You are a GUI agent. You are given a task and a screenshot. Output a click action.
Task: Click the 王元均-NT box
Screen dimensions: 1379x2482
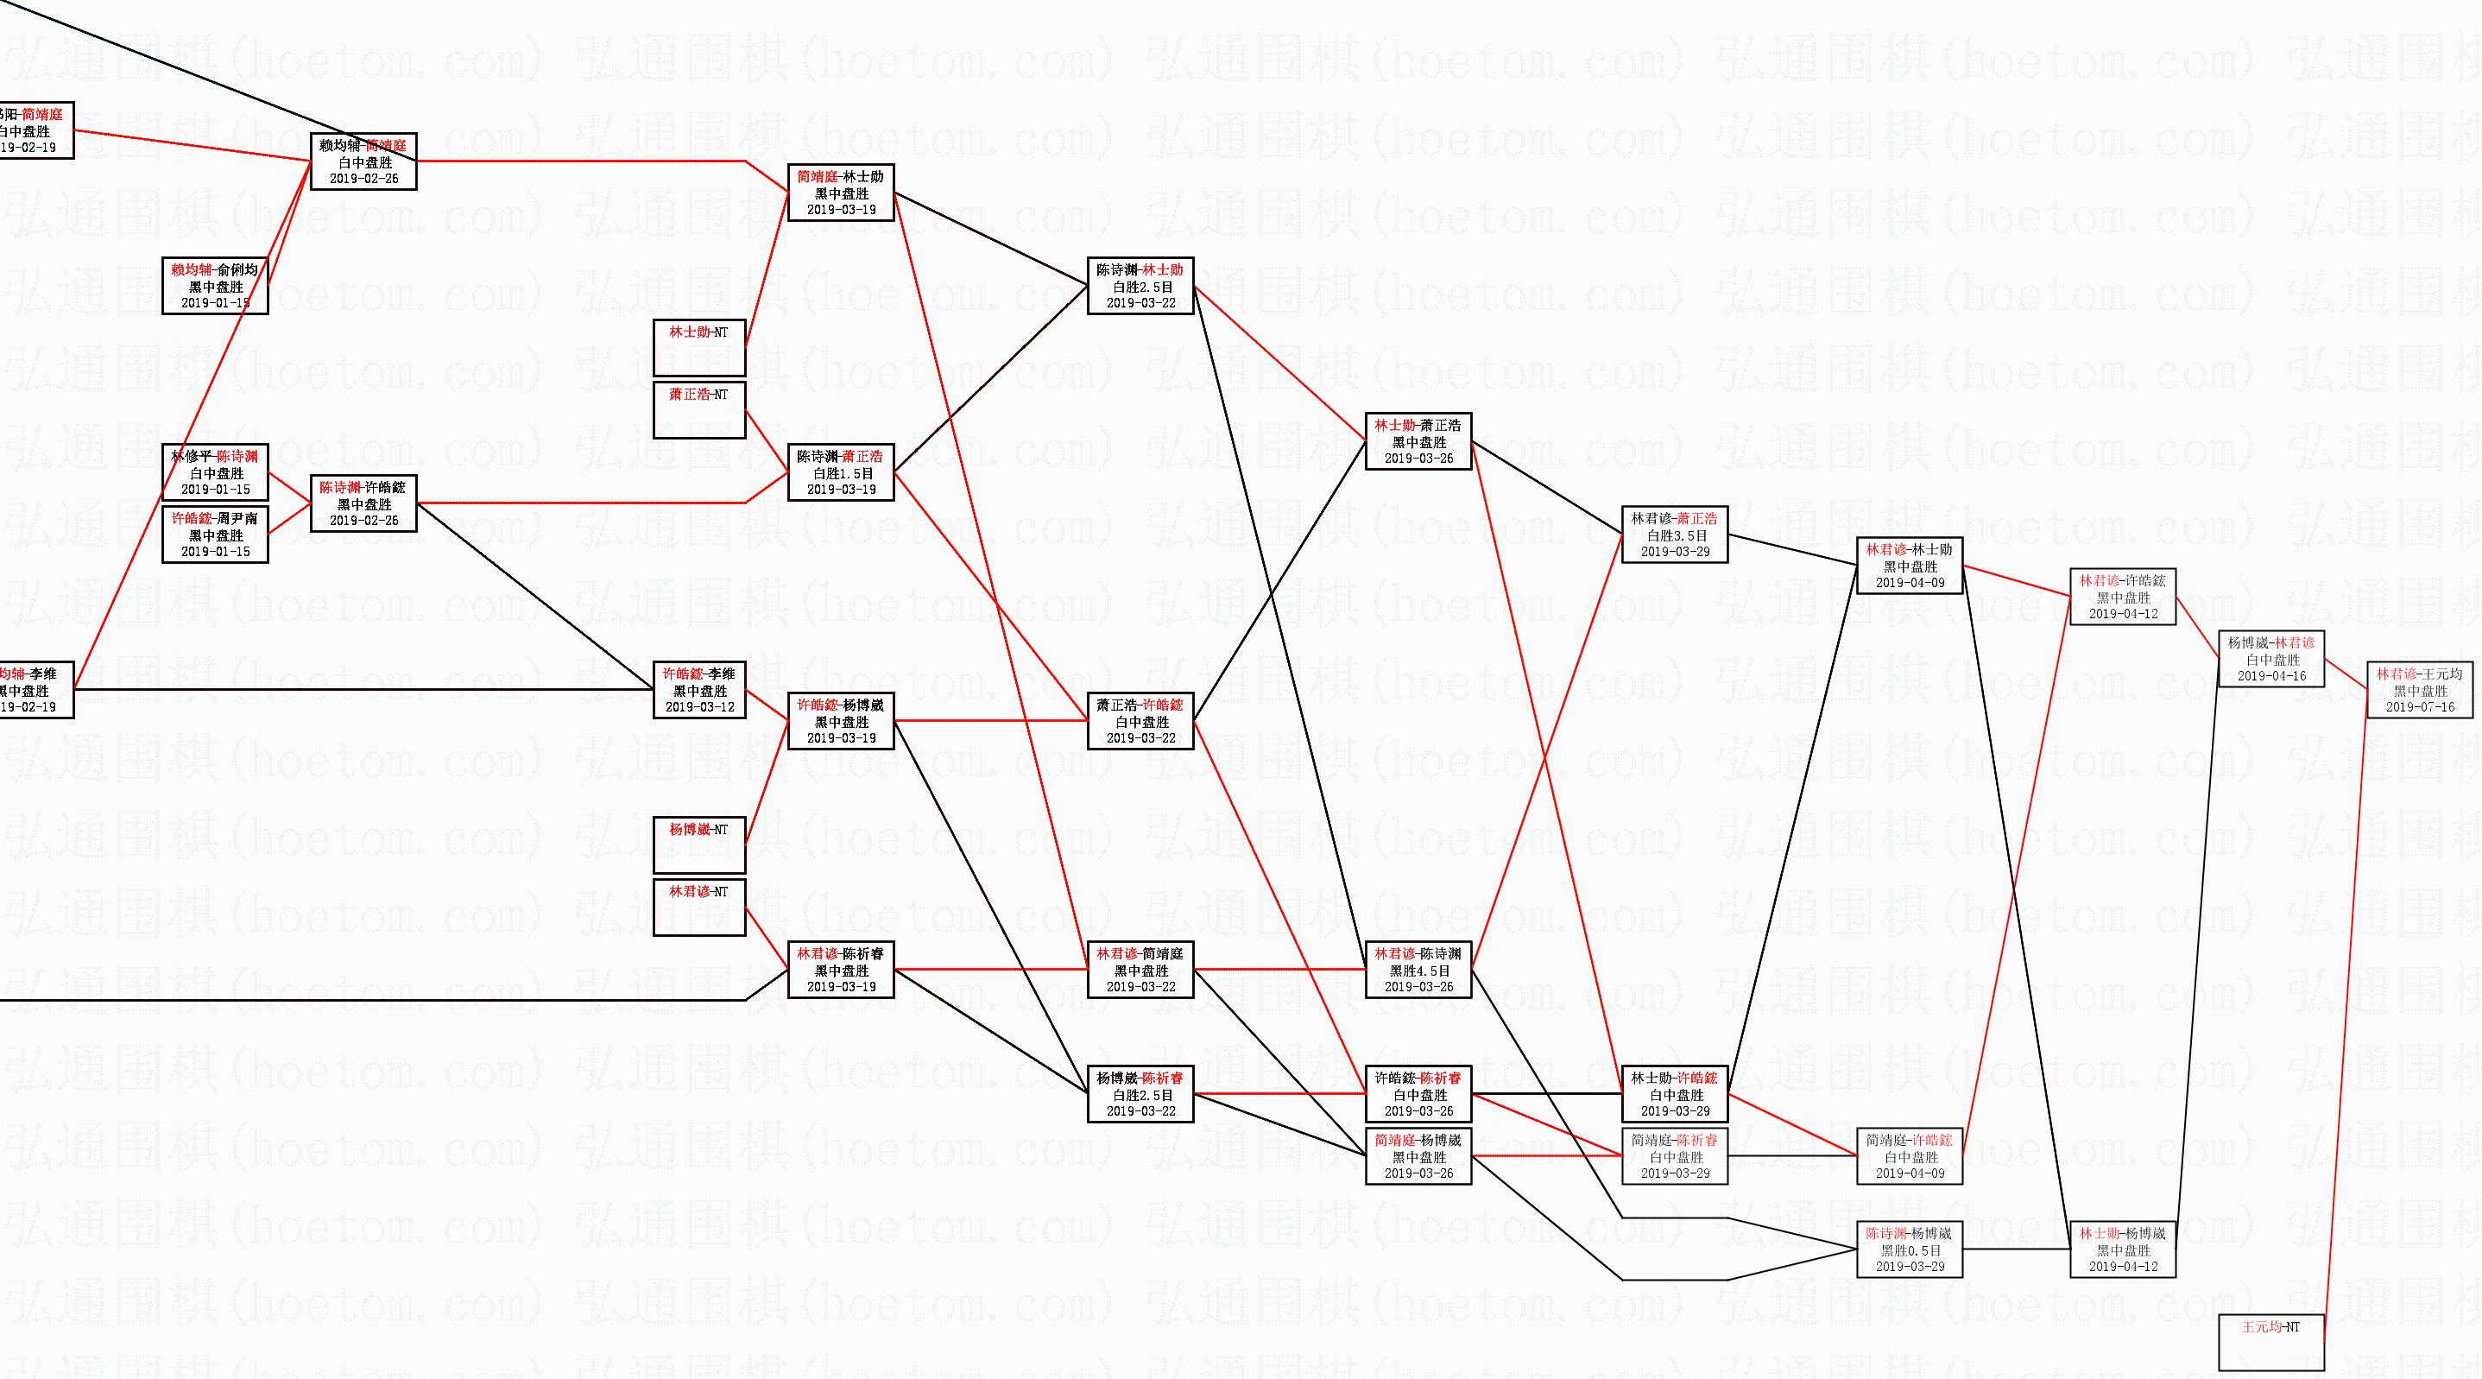point(2271,1341)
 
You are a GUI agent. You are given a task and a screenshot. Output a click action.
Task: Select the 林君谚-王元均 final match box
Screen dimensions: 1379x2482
point(2419,690)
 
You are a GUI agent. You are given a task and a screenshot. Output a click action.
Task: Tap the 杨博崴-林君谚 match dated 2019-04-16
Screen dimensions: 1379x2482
point(2271,659)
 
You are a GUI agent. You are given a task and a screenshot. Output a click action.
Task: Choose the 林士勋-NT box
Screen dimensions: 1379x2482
point(698,347)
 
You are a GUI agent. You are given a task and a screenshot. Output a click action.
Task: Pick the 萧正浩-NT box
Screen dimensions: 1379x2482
point(698,409)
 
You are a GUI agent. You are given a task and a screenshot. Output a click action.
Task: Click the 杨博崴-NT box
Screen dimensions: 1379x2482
point(698,844)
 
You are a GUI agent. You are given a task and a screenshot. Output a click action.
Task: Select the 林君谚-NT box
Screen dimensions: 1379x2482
point(698,907)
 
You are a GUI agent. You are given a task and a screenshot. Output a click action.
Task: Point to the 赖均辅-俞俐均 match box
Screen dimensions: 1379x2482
point(215,286)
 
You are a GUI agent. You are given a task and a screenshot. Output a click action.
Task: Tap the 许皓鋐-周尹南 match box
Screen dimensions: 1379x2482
point(215,535)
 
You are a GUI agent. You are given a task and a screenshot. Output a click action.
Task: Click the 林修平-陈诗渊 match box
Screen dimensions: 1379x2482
point(215,472)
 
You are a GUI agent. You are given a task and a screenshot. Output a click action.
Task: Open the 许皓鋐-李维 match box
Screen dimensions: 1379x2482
point(698,690)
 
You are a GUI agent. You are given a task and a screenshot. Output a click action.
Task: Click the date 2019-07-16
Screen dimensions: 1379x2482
point(2419,707)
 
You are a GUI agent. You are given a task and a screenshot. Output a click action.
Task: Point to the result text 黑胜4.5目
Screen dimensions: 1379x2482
point(1418,971)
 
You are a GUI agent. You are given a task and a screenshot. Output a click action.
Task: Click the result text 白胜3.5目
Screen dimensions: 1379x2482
point(1675,535)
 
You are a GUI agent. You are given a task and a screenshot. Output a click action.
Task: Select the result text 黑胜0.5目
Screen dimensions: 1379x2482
point(1910,1249)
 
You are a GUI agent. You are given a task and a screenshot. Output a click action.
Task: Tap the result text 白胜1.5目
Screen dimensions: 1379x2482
point(841,473)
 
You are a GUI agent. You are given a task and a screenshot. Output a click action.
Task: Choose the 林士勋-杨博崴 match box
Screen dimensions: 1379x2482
point(2123,1249)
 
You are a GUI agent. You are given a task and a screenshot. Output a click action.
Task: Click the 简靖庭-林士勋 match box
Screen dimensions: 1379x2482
point(841,193)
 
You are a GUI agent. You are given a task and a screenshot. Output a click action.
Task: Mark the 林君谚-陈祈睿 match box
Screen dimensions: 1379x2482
point(841,970)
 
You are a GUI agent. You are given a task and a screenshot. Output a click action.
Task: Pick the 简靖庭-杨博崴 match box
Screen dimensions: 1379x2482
point(1418,1156)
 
